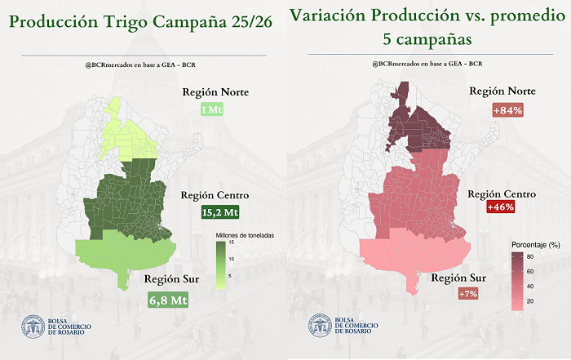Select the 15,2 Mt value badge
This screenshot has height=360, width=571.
pyautogui.click(x=220, y=212)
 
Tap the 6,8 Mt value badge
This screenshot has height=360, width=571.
pyautogui.click(x=168, y=300)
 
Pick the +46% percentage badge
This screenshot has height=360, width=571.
pyautogui.click(x=499, y=208)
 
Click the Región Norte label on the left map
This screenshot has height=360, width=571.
pyautogui.click(x=215, y=91)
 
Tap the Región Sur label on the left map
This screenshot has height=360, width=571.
pyautogui.click(x=168, y=280)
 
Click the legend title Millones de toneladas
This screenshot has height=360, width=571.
pyautogui.click(x=246, y=235)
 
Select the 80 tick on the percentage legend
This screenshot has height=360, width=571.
pyautogui.click(x=530, y=256)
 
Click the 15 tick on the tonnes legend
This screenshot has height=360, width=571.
pyautogui.click(x=232, y=243)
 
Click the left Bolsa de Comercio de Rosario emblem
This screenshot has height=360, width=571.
pyautogui.click(x=33, y=327)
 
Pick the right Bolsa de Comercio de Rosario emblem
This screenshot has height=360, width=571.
pyautogui.click(x=320, y=327)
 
